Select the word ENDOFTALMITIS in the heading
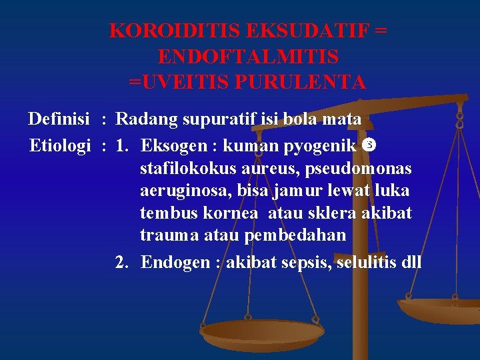point(248,56)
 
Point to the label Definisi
point(59,119)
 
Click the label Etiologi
point(60,145)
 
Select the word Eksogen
point(176,145)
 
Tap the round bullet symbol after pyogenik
point(371,144)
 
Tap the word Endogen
point(175,262)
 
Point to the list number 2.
point(121,262)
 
